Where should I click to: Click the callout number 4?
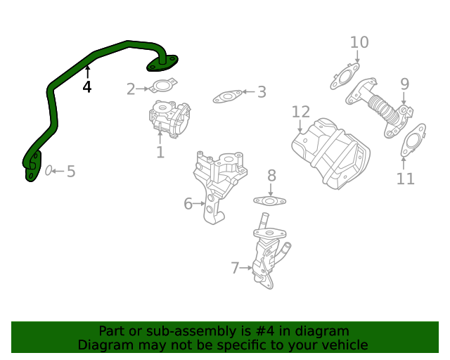[87, 87]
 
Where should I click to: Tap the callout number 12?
[300, 112]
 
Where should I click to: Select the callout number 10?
[359, 43]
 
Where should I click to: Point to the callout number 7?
[236, 267]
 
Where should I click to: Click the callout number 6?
[188, 204]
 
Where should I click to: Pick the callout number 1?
[160, 152]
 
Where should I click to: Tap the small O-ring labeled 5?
[49, 171]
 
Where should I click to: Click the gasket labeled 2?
[163, 88]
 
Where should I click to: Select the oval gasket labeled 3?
[227, 96]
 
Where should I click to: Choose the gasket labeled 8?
[269, 201]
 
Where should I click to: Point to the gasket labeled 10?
[345, 77]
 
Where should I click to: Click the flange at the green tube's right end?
[163, 64]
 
